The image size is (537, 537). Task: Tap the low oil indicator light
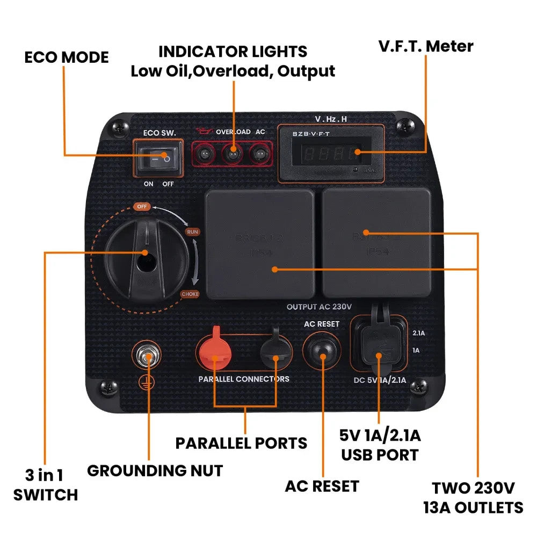206,156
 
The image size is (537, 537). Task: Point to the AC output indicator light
259,156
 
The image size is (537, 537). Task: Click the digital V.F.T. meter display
330,154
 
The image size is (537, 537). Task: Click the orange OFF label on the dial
142,207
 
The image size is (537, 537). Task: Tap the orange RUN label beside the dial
192,232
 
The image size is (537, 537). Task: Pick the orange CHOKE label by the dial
190,294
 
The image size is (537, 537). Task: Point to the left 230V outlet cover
259,244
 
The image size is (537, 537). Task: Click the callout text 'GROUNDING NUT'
155,471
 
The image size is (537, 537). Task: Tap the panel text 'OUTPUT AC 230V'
319,307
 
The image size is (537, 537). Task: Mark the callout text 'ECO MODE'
67,57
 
